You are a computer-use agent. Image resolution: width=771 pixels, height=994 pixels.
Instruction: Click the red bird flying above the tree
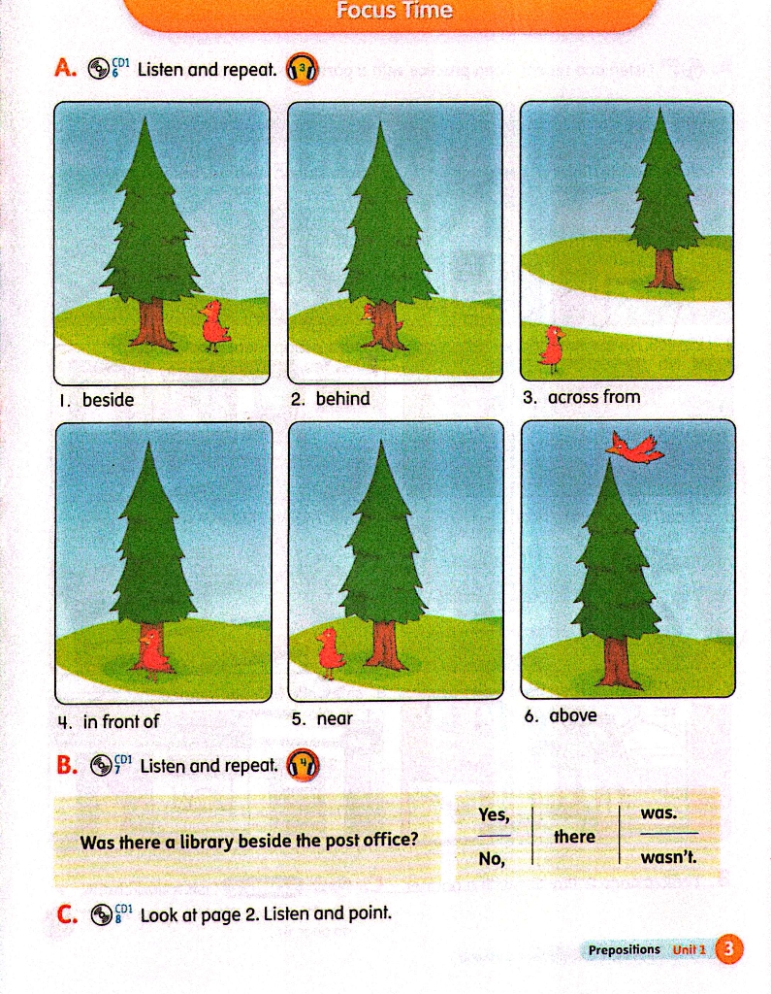pyautogui.click(x=635, y=447)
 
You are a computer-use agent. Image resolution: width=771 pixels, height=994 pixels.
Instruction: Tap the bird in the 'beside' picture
pyautogui.click(x=214, y=325)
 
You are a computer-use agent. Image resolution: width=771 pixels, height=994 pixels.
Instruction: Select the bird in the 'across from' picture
pyautogui.click(x=552, y=348)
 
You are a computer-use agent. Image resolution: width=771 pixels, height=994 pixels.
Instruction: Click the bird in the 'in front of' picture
pyautogui.click(x=152, y=652)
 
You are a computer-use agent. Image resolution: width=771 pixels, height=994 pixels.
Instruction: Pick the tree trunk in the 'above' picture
pyautogui.click(x=613, y=662)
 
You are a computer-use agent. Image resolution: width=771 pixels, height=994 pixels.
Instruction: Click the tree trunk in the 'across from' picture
pyautogui.click(x=663, y=269)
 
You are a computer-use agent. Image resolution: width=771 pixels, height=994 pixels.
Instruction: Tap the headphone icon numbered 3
pyautogui.click(x=303, y=69)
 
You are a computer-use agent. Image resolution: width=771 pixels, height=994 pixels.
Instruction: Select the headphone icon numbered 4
pyautogui.click(x=304, y=765)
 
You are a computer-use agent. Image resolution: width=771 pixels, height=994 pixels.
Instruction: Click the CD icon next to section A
pyautogui.click(x=98, y=69)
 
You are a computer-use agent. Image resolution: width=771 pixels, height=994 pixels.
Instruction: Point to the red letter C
pyautogui.click(x=66, y=914)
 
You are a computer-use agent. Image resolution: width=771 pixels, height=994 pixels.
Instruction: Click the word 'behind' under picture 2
pyautogui.click(x=342, y=398)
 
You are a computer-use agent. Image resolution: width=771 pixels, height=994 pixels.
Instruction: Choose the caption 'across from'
pyautogui.click(x=594, y=397)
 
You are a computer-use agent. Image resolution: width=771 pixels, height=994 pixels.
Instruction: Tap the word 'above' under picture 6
pyautogui.click(x=573, y=715)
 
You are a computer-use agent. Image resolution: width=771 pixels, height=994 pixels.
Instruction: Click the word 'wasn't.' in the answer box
pyautogui.click(x=668, y=857)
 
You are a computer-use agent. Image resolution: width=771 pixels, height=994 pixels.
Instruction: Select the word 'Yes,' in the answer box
pyautogui.click(x=494, y=814)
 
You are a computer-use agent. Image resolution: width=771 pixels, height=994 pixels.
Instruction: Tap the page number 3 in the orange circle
pyautogui.click(x=728, y=948)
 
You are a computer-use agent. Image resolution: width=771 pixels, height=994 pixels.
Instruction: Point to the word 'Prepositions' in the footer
pyautogui.click(x=624, y=949)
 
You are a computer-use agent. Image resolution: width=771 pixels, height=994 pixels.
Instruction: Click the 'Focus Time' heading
pyautogui.click(x=394, y=10)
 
